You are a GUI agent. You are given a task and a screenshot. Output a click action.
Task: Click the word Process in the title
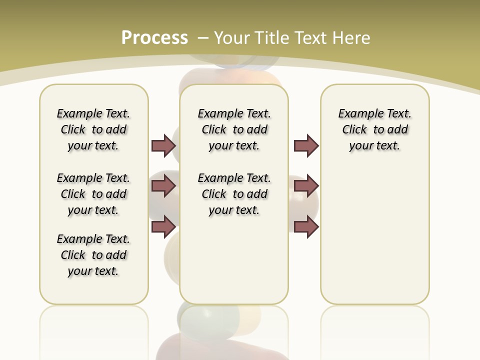154,37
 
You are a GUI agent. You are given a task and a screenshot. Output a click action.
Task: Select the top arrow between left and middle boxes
163,145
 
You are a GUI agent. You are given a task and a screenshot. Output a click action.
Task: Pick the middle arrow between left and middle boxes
163,186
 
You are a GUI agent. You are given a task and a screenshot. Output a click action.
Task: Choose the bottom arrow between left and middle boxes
163,226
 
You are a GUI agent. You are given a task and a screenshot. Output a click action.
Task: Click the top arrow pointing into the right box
306,145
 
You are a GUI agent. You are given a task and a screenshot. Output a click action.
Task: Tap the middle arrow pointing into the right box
306,186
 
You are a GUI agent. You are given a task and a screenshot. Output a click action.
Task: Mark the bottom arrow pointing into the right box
306,226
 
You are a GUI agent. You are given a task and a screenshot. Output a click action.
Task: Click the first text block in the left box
93,129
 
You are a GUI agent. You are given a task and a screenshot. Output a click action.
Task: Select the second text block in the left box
93,194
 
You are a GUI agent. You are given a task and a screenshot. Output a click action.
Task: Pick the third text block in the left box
93,255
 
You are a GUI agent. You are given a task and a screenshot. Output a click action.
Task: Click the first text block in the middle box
234,129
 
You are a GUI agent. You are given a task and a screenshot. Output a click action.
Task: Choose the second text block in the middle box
234,194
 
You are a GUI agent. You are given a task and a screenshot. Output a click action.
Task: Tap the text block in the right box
374,129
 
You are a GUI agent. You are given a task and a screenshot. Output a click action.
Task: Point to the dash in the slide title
203,37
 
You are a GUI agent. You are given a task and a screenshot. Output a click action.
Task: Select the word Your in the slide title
231,37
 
